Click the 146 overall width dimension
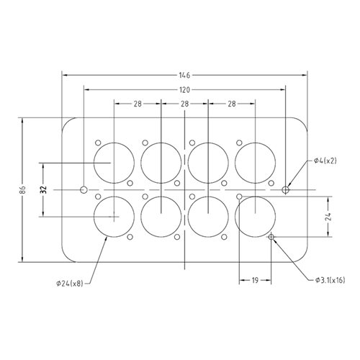(184, 76)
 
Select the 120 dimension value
(184, 90)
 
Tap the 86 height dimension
(23, 190)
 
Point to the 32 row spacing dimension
(43, 190)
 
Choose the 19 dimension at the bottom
(255, 280)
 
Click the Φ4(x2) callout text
(325, 161)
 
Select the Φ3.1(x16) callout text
(330, 280)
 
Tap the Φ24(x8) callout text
(70, 284)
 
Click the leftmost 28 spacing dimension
(138, 104)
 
